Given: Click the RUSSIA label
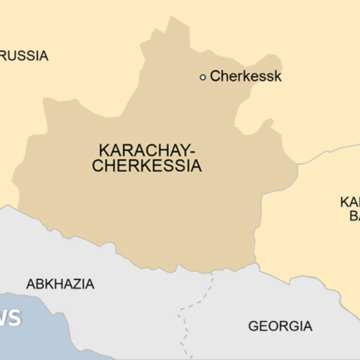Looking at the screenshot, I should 25,56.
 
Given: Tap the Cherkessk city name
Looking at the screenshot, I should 246,77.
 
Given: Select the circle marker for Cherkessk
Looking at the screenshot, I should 202,77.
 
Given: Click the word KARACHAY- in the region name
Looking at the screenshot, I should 146,150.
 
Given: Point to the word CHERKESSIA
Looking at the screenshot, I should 146,166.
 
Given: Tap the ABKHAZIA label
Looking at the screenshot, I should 60,284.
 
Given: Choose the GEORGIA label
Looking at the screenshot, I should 280,326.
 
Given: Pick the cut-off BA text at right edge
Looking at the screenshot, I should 353,216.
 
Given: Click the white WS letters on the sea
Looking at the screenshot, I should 10,318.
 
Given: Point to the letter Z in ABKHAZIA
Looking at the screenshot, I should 77,284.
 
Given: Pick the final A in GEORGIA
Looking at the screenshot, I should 307,326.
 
